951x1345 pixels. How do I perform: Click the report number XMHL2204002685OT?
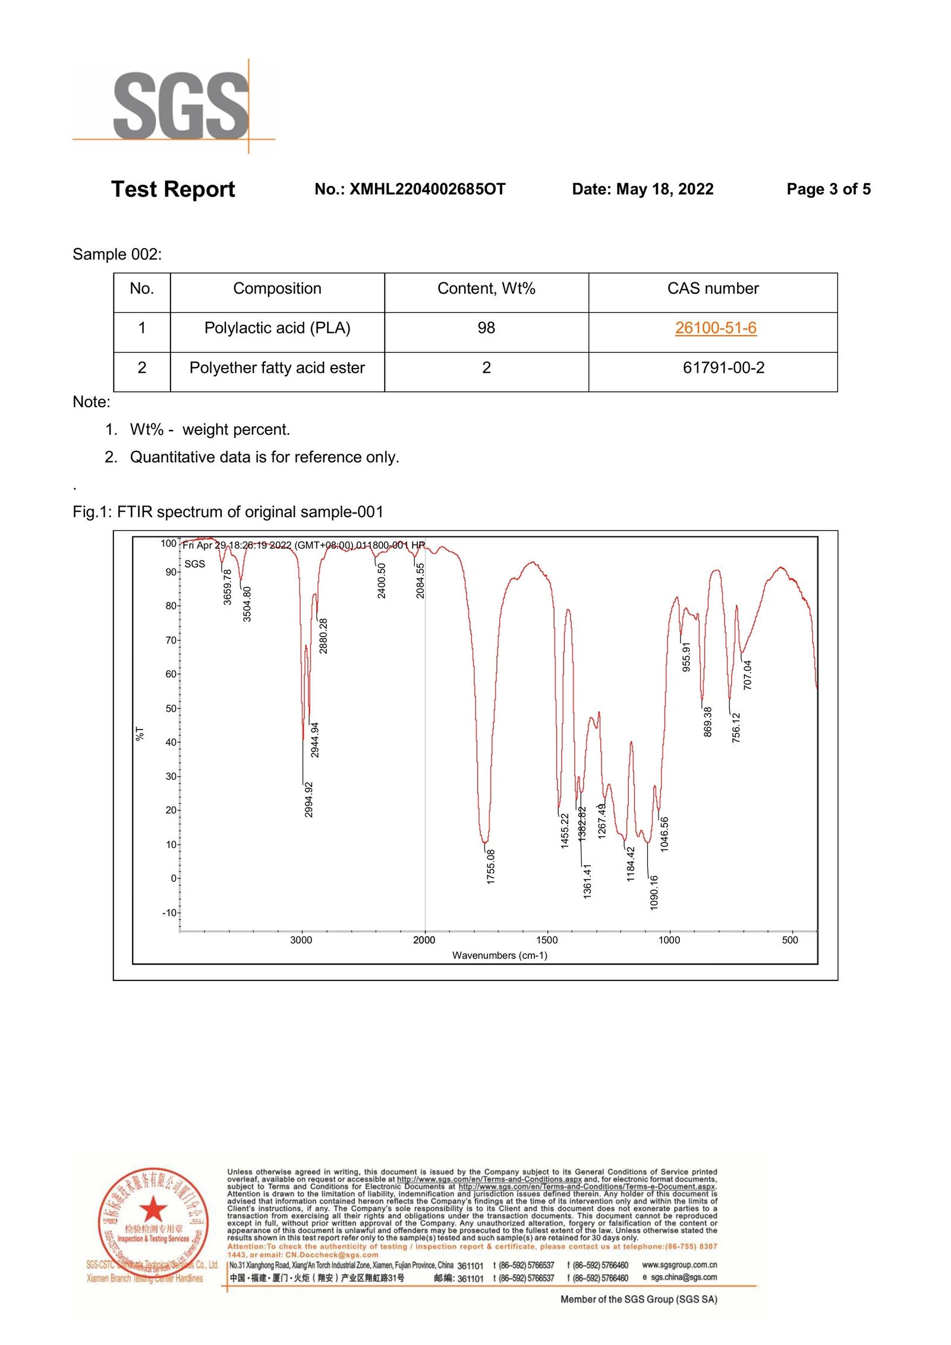click(410, 189)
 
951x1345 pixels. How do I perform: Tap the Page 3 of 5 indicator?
click(828, 189)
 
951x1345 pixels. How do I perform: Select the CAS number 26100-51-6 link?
click(715, 328)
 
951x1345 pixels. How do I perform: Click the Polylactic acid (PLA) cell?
click(277, 328)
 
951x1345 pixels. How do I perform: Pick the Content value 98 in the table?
click(486, 328)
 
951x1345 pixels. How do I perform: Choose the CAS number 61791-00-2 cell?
click(723, 367)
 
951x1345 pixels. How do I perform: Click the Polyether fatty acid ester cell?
click(277, 368)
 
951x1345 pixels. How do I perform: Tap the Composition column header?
click(277, 288)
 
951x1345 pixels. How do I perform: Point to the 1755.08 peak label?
click(490, 866)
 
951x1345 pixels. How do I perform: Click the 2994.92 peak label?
click(308, 800)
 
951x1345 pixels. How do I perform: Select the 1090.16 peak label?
click(654, 893)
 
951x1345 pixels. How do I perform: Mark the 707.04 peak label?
click(747, 675)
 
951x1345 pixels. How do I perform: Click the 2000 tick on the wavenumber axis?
click(424, 940)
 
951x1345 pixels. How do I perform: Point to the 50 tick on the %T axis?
click(171, 709)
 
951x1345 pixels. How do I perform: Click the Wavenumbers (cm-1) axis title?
click(499, 956)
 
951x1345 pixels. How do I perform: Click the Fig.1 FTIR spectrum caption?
click(228, 512)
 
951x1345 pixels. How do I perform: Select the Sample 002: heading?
click(117, 254)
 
